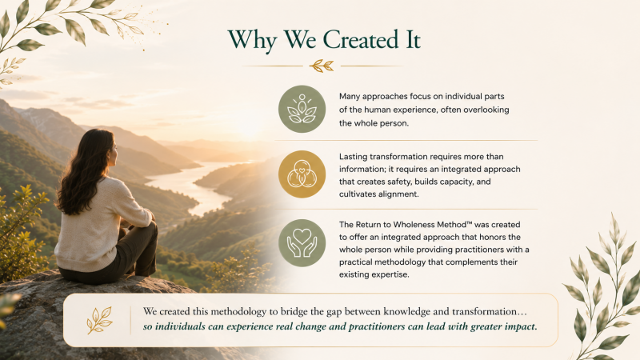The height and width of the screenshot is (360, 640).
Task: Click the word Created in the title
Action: pos(361,39)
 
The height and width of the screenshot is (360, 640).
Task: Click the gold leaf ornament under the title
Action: pos(322,66)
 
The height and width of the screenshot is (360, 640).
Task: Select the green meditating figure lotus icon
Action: pos(302,109)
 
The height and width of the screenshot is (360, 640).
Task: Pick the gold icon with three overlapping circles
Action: pos(302,174)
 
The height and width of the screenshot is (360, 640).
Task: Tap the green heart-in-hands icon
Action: pos(302,243)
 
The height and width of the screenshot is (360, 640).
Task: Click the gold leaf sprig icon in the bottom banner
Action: pos(99,320)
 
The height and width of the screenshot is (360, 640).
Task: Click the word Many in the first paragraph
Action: pos(350,97)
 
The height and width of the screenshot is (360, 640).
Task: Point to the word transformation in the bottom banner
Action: pos(485,311)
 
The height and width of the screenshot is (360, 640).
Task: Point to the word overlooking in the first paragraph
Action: pos(486,110)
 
